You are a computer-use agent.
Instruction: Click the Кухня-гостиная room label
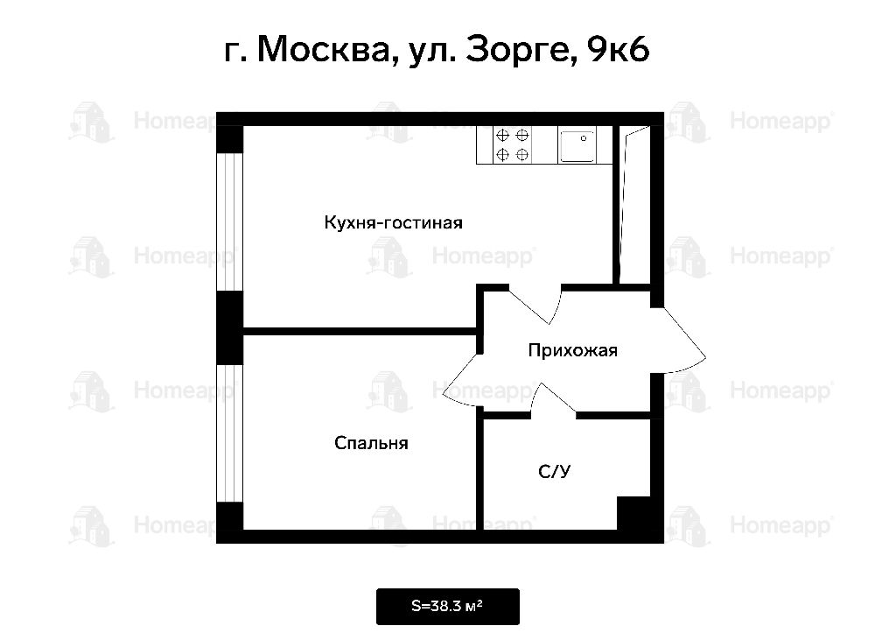(393, 222)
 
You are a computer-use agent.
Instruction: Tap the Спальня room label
(371, 443)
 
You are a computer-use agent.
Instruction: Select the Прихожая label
(572, 350)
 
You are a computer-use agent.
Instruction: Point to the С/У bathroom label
(554, 471)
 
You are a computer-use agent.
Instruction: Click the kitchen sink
(577, 145)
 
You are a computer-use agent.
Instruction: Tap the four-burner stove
(512, 145)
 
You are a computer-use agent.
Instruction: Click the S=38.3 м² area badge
(447, 606)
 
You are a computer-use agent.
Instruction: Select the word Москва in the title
(323, 50)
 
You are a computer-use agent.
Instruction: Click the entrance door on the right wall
(678, 341)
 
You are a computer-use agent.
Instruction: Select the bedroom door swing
(463, 380)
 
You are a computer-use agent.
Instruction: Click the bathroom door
(553, 398)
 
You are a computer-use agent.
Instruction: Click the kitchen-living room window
(230, 222)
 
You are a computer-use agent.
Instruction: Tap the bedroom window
(230, 433)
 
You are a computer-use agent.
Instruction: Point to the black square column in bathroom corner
(633, 513)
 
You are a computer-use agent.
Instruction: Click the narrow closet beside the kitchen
(635, 205)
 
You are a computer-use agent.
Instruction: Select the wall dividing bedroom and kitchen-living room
(360, 331)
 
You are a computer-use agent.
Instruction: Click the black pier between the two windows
(230, 327)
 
